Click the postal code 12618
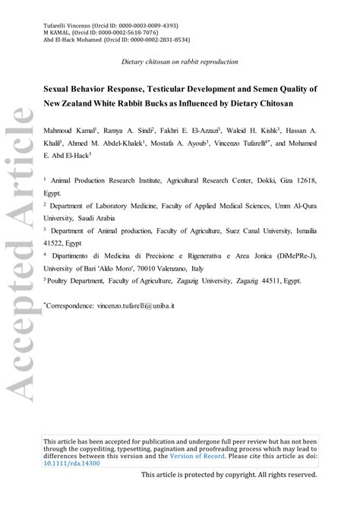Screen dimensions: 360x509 [304, 181]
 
